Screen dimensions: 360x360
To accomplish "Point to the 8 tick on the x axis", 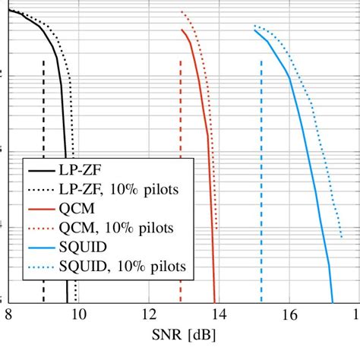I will [8, 314].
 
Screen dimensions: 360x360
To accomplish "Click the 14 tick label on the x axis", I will [219, 314].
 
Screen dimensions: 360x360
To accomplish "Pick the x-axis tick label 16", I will [289, 314].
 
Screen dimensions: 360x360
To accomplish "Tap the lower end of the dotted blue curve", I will [341, 236].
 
